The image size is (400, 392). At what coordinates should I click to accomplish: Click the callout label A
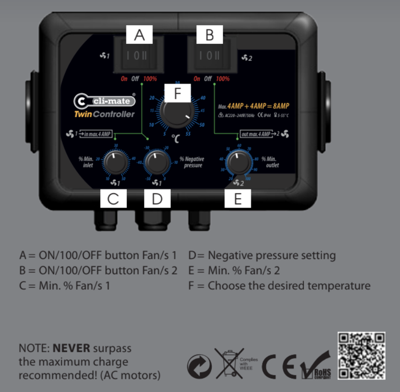(x=139, y=35)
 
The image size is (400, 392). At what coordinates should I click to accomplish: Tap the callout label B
(x=210, y=35)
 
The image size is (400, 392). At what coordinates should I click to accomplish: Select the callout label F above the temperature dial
(x=178, y=92)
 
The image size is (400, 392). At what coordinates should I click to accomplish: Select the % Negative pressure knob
(x=156, y=162)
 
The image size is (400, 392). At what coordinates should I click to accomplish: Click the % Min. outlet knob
(x=238, y=162)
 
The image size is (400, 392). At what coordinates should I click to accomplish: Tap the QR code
(x=362, y=355)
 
